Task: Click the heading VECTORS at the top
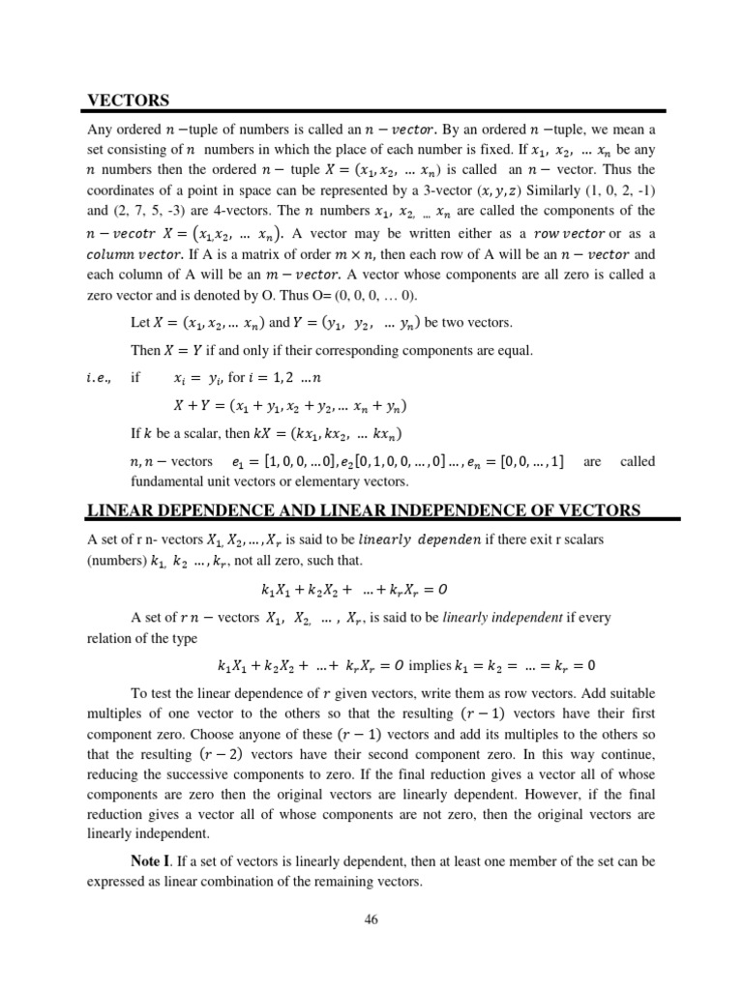point(129,100)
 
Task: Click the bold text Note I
point(154,859)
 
